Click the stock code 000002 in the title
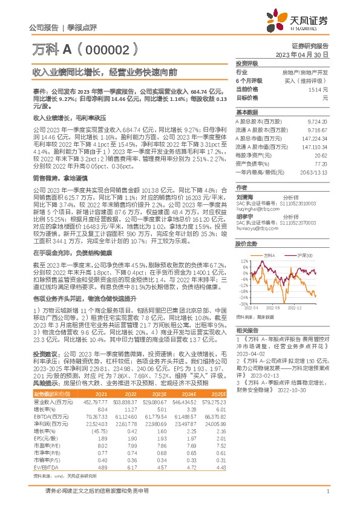click(x=102, y=48)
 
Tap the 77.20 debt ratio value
click(x=320, y=163)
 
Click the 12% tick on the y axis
click(x=244, y=261)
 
